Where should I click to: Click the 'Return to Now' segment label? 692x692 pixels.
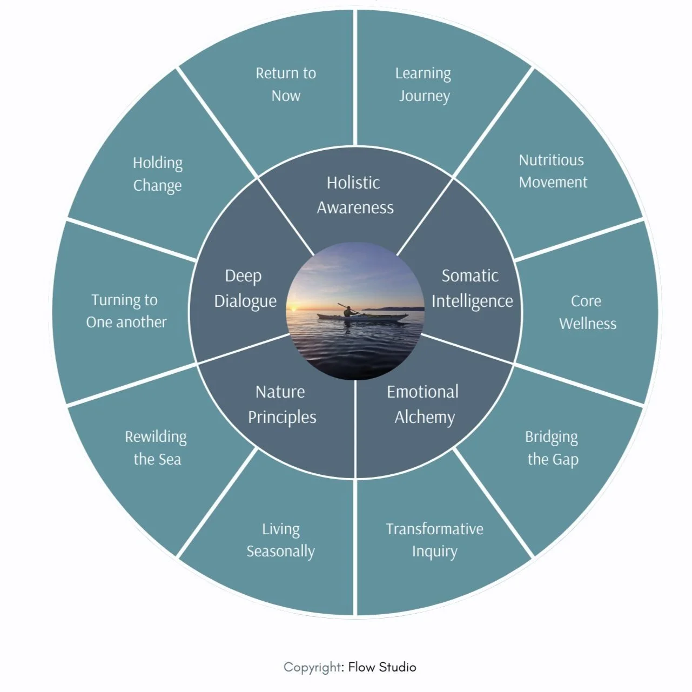point(286,84)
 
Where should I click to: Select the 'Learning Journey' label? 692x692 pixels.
point(424,84)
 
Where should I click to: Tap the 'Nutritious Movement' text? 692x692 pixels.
point(553,171)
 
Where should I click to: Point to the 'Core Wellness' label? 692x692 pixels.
point(587,312)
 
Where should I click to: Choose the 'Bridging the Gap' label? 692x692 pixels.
point(552,448)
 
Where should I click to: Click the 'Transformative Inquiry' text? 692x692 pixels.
point(434,540)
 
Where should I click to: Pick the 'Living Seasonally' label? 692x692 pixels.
point(281,540)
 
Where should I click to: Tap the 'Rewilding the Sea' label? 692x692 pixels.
point(156,448)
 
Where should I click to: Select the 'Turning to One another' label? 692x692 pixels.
point(126,311)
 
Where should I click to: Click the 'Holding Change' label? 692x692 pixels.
point(157,174)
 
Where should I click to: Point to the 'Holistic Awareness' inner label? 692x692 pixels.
point(355,195)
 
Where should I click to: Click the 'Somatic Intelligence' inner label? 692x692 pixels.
point(472,288)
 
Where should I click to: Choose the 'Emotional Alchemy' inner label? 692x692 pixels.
point(424,404)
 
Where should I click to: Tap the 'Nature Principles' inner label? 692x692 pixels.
point(281,404)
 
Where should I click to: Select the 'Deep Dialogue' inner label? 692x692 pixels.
point(245,288)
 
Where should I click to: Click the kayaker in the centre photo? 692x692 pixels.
point(350,311)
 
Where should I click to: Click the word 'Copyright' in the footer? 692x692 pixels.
point(312,667)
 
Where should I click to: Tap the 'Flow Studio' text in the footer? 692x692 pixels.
point(382,667)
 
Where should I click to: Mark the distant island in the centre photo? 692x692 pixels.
point(392,308)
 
